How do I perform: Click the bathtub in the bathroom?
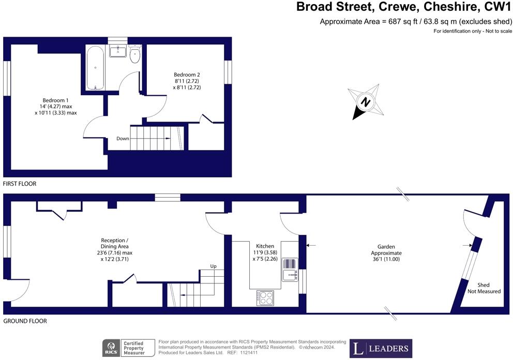[x=96, y=68]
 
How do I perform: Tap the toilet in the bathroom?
[x=135, y=55]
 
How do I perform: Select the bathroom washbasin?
[x=117, y=51]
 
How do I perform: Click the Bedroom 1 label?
[x=55, y=107]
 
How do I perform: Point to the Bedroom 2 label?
[x=187, y=81]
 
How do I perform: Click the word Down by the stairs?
[x=123, y=139]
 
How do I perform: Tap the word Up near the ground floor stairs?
[x=213, y=266]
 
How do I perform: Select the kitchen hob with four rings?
[x=266, y=297]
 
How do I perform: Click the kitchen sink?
[x=290, y=269]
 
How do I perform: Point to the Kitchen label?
[x=265, y=246]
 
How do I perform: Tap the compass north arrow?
[x=365, y=102]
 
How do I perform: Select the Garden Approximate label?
[x=386, y=253]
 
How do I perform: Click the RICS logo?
[x=110, y=348]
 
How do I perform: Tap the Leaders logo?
[x=381, y=348]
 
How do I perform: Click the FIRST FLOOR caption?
[x=20, y=184]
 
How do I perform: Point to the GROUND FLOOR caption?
[x=25, y=321]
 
